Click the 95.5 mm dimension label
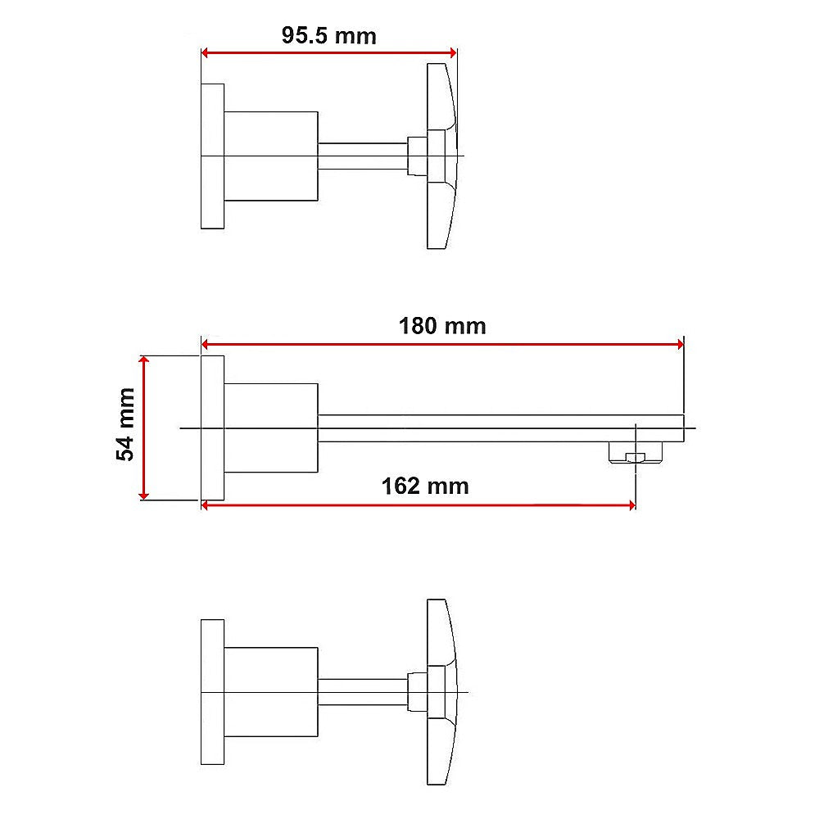click(328, 35)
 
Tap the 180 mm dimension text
click(442, 326)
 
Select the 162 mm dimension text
click(425, 486)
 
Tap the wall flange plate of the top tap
click(212, 156)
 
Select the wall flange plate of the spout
click(212, 428)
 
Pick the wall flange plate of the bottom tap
click(212, 693)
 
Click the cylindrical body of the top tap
click(271, 156)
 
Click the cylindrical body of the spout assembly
click(271, 428)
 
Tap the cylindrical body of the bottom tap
click(271, 693)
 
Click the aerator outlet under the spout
click(634, 453)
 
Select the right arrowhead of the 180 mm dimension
click(678, 345)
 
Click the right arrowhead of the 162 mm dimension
click(630, 505)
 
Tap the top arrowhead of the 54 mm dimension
click(144, 361)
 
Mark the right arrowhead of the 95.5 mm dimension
click(450, 53)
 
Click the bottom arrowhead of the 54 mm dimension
click(144, 495)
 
